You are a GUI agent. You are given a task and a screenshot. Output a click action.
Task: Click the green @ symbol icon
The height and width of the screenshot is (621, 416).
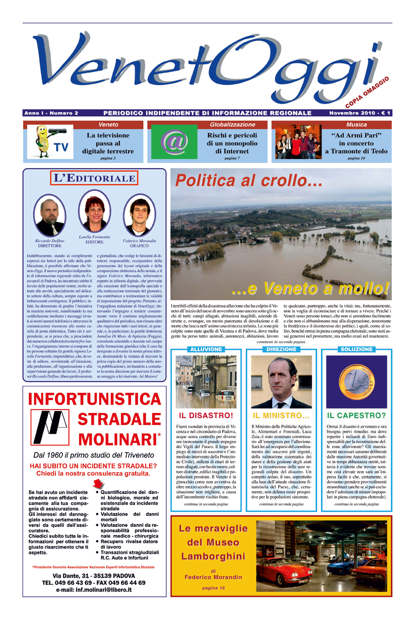[x=175, y=142]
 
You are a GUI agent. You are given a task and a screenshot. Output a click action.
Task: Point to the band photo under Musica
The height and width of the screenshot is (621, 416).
[x=298, y=142]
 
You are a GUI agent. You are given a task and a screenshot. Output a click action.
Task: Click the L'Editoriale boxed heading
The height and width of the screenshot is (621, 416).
[x=94, y=177]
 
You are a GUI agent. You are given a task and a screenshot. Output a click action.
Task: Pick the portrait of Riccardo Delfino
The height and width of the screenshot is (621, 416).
[x=50, y=215]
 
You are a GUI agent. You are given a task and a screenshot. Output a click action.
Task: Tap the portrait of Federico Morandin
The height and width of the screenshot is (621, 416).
[x=139, y=215]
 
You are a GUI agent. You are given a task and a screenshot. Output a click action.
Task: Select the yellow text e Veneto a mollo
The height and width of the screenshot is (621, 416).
[x=310, y=289]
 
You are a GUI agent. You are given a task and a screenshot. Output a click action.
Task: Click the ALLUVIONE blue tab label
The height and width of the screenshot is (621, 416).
[x=205, y=349]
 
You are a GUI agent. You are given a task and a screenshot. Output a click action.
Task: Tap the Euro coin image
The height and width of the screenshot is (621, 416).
[x=356, y=382]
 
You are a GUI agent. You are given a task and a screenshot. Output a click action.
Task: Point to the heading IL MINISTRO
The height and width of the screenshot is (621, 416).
[x=281, y=415]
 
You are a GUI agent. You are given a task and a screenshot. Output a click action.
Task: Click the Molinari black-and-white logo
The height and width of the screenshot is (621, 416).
[x=49, y=426]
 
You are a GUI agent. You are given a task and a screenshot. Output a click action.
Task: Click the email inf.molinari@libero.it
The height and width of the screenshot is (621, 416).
[x=94, y=589]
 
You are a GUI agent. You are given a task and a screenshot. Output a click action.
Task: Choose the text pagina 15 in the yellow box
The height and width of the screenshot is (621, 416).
[x=213, y=588]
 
